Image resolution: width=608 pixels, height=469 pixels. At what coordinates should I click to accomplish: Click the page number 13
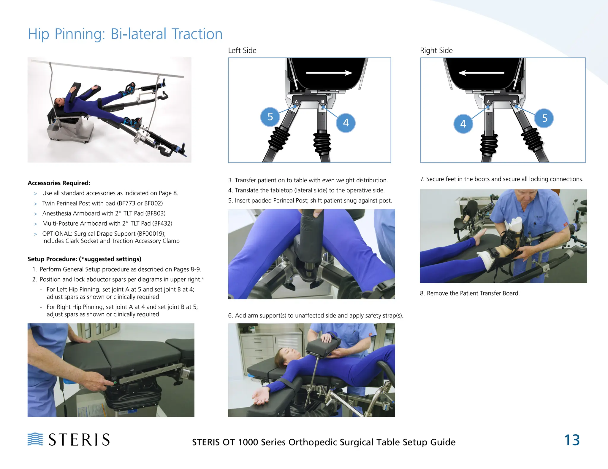tap(572, 440)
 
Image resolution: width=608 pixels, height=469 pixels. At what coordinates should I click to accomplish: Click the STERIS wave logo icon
tap(35, 439)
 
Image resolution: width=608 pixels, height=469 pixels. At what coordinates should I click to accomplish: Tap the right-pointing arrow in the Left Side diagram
tap(329, 73)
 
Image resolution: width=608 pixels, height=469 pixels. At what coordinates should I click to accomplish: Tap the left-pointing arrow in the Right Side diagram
tap(481, 73)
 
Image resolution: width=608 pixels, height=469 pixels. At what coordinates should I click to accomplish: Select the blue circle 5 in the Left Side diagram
tap(270, 117)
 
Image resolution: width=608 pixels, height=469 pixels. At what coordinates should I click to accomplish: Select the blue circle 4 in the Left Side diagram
tap(346, 123)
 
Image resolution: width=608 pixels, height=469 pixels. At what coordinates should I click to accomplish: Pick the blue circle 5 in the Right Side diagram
tap(544, 118)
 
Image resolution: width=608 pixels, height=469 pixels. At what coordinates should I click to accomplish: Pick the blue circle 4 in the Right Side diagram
tap(463, 124)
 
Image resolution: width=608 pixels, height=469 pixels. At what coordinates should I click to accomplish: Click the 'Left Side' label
tap(242, 51)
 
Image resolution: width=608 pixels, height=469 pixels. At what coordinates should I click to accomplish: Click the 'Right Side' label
tap(436, 51)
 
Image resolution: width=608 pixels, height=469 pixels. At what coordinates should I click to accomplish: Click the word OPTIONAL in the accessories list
tap(56, 234)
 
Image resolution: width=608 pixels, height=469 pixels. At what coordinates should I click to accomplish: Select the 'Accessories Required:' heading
tap(59, 183)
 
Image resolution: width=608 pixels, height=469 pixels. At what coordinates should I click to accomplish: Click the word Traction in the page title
tap(197, 34)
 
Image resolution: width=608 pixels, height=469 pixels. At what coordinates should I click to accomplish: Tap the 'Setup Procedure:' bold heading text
tap(52, 259)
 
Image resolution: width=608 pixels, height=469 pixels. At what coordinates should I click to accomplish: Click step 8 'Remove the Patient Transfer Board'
tap(470, 293)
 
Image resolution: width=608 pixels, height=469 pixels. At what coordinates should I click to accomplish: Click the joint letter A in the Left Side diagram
tap(296, 102)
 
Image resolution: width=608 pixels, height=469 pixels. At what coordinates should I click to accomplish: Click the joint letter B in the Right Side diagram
tap(514, 102)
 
